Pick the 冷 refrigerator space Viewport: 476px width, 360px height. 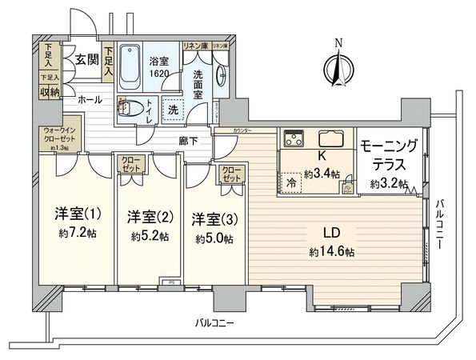[292, 182]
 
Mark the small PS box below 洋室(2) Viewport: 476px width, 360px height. [170, 282]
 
